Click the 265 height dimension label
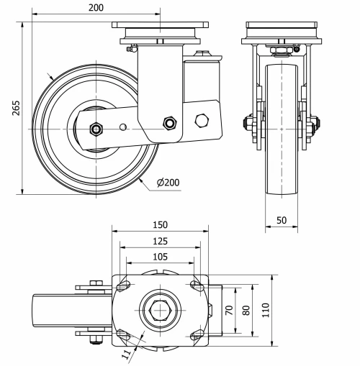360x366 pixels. (x=16, y=108)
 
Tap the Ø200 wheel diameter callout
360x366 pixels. (x=168, y=183)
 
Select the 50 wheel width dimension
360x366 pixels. (x=282, y=220)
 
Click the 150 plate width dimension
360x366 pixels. (x=160, y=225)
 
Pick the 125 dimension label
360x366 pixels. (x=160, y=241)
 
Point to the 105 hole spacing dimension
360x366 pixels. (x=160, y=257)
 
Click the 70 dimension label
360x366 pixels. (x=230, y=310)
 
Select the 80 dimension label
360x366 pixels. (x=246, y=310)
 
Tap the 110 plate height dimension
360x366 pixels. (x=266, y=310)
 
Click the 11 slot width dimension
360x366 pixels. (x=127, y=354)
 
